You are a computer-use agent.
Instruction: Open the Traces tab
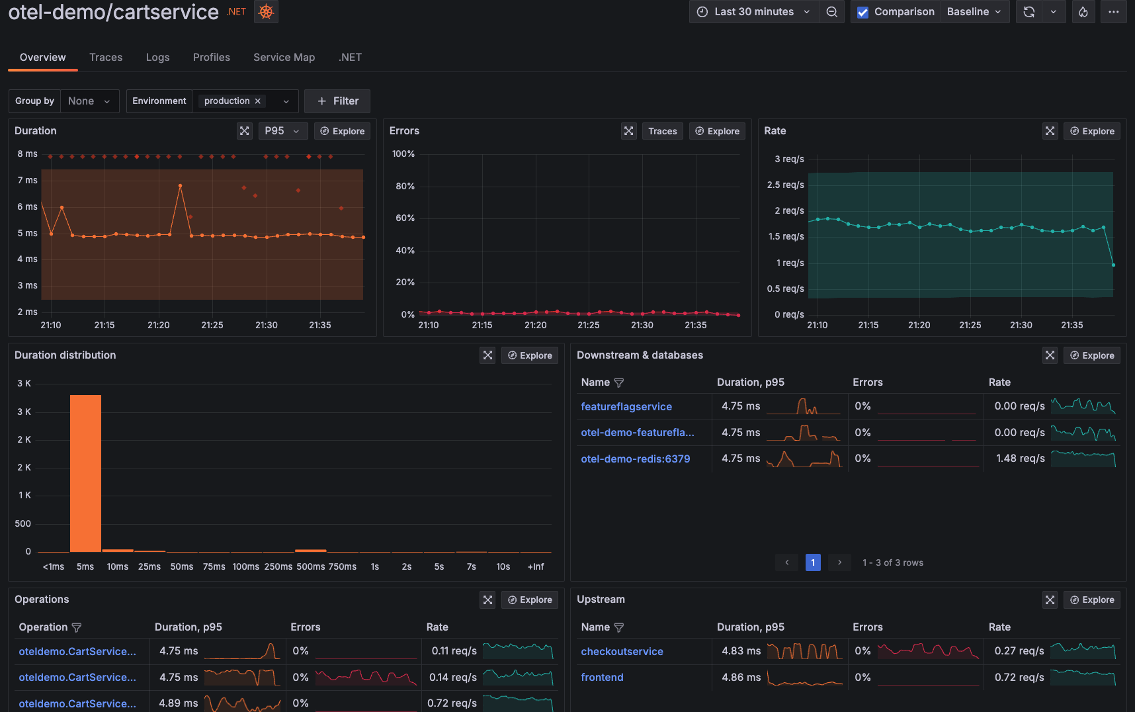pos(106,57)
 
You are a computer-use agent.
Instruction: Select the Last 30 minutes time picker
pos(753,12)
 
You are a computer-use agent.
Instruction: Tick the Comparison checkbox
pos(862,12)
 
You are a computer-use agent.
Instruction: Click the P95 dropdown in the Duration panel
pos(282,131)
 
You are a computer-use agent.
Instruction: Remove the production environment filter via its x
pos(258,101)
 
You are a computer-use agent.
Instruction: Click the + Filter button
pos(337,101)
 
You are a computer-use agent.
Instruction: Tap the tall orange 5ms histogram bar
pos(85,473)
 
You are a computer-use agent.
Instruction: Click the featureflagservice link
pos(626,406)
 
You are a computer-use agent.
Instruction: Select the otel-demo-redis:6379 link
pos(635,459)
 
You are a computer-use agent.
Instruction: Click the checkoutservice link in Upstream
pos(622,651)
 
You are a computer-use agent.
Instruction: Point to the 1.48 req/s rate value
pos(1020,458)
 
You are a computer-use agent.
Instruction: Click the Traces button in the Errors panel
pos(662,131)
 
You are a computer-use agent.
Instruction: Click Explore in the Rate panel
pos(1091,131)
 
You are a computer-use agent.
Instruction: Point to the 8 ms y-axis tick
pos(27,154)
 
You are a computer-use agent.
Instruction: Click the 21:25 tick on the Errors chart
pos(588,325)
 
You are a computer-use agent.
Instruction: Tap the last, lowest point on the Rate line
pos(1113,265)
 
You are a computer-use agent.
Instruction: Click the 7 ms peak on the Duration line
pos(180,186)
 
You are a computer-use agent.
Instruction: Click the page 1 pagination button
pos(813,562)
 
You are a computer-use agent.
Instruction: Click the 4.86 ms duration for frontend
pos(741,677)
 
